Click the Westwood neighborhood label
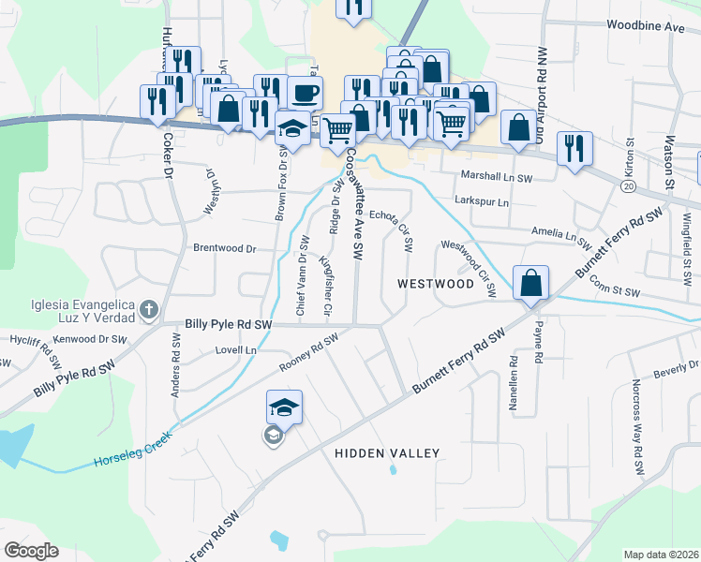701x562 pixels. coord(436,283)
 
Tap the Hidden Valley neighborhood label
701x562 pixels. coord(387,453)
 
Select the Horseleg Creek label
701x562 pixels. coord(130,460)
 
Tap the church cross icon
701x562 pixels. coord(148,309)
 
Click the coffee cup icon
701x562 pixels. coord(306,93)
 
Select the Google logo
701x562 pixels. coord(31,550)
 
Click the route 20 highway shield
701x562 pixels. coord(625,187)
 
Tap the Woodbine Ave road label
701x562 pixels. coord(645,26)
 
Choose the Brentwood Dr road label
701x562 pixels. coord(225,249)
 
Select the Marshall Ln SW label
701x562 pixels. coord(496,176)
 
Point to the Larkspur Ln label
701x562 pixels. coord(481,201)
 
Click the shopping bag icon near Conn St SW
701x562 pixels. coord(530,281)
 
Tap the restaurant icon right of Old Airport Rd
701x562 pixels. coord(574,147)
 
